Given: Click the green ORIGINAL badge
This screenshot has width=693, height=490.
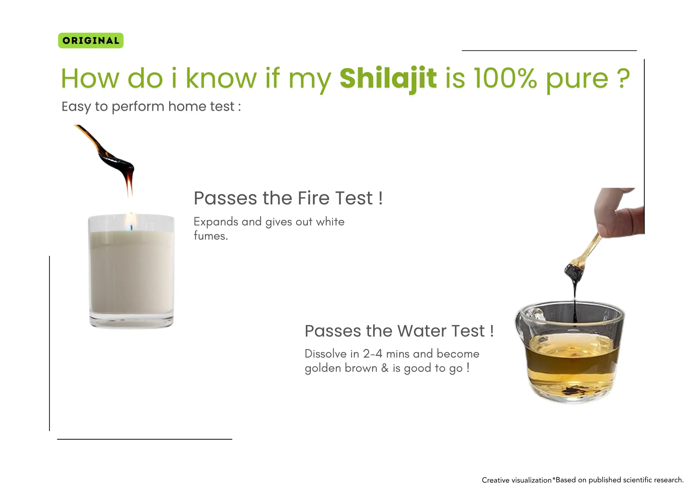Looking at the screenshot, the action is click(91, 40).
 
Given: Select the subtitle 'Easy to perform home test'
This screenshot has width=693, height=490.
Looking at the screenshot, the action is click(148, 107).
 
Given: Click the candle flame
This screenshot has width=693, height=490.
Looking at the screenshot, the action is click(131, 221).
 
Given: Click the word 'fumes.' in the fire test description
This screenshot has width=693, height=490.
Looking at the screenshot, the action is click(211, 236).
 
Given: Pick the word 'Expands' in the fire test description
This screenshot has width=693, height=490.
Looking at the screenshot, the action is click(216, 222).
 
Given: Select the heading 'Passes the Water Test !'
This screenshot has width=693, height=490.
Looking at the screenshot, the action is click(399, 331).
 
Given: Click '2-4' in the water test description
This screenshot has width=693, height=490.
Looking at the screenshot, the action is click(373, 354).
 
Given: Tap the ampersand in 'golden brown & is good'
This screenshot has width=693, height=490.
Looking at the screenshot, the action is click(384, 368).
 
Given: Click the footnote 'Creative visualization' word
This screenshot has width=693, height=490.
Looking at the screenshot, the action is click(517, 480).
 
